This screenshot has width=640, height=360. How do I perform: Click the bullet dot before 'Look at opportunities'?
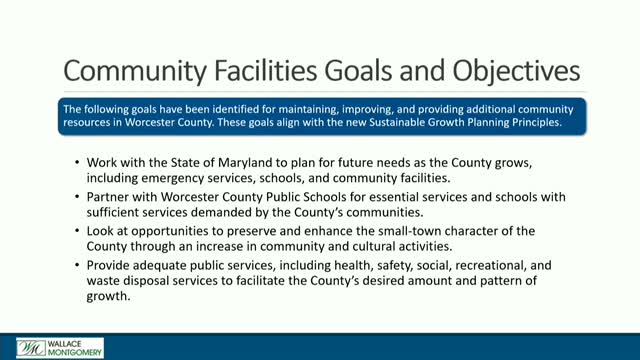78,231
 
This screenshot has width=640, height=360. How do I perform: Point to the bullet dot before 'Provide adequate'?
78,265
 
